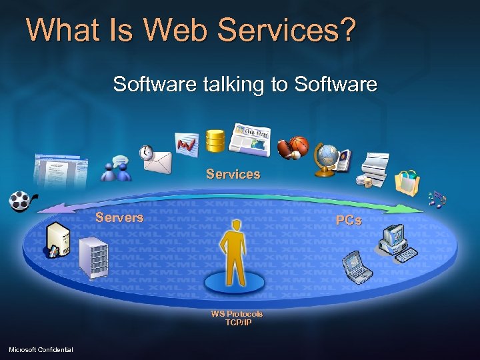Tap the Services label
pos(233,174)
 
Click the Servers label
pos(119,217)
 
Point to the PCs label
pos(349,220)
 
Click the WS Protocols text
pos(237,313)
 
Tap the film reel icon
pos(21,201)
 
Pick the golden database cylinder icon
pos(215,140)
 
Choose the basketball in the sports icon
pos(298,146)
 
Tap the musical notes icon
pos(437,199)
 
